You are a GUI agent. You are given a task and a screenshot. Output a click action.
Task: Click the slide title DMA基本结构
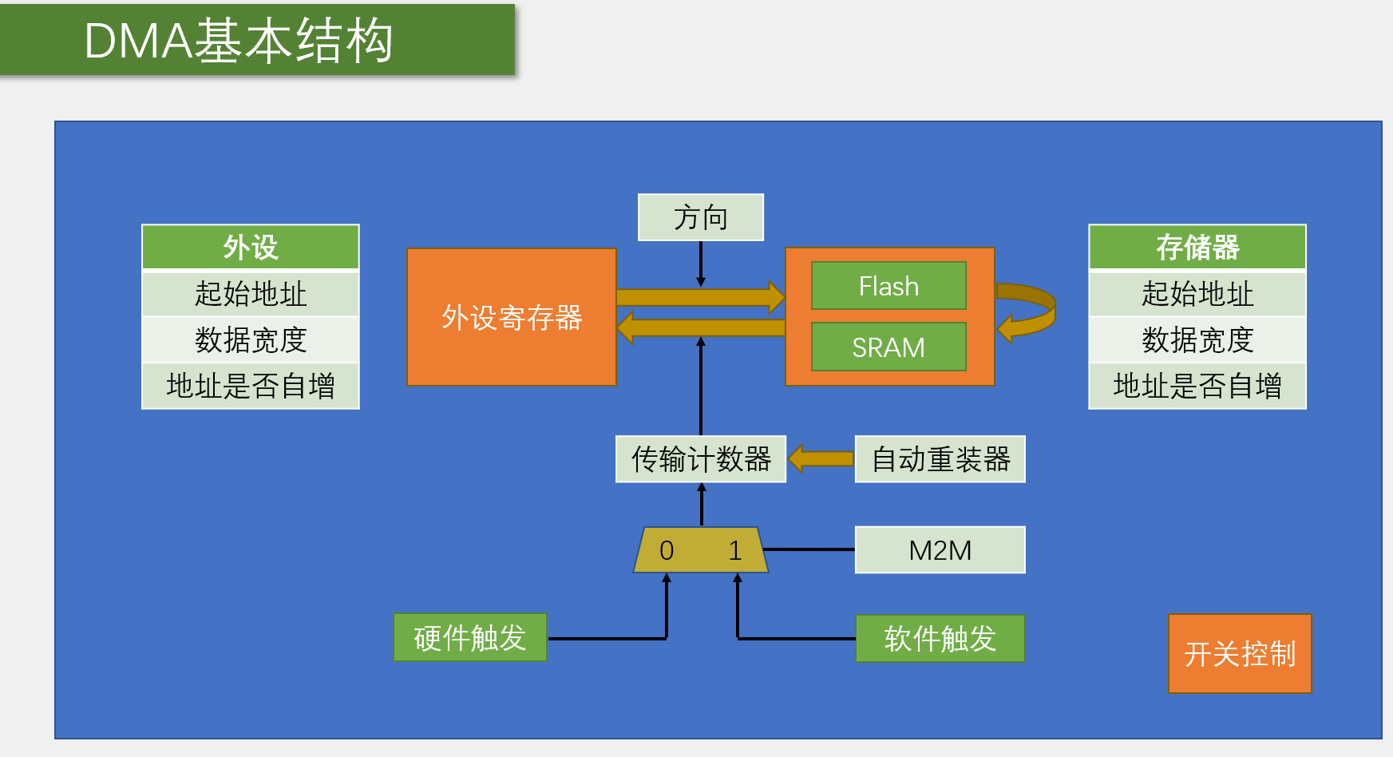click(x=239, y=41)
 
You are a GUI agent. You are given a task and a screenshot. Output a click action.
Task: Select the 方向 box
click(x=700, y=217)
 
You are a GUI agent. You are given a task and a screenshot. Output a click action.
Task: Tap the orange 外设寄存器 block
click(x=512, y=317)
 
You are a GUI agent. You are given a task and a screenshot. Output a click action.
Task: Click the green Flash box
click(x=888, y=286)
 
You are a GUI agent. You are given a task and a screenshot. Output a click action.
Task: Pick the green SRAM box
click(x=888, y=347)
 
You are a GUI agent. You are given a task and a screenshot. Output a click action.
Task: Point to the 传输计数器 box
click(x=700, y=459)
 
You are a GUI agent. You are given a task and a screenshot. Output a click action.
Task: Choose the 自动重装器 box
click(x=940, y=459)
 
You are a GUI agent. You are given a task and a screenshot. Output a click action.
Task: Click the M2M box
click(x=940, y=550)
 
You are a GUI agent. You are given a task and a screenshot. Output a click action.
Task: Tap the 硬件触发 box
click(x=469, y=638)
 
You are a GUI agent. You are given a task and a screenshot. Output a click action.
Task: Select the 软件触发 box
click(x=940, y=639)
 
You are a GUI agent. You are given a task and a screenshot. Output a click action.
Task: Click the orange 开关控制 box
click(x=1239, y=654)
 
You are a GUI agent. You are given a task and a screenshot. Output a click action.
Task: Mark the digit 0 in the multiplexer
click(x=667, y=550)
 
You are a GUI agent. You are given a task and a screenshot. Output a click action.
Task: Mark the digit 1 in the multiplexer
click(x=735, y=550)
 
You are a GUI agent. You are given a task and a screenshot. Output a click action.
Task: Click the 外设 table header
click(x=251, y=248)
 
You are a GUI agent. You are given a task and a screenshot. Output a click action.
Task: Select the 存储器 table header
click(x=1197, y=248)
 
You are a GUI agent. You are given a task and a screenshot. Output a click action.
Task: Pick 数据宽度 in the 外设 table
click(x=251, y=340)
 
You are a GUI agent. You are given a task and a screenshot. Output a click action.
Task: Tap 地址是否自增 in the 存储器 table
click(x=1197, y=386)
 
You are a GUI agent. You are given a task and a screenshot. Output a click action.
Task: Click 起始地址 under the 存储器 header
click(x=1197, y=294)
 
